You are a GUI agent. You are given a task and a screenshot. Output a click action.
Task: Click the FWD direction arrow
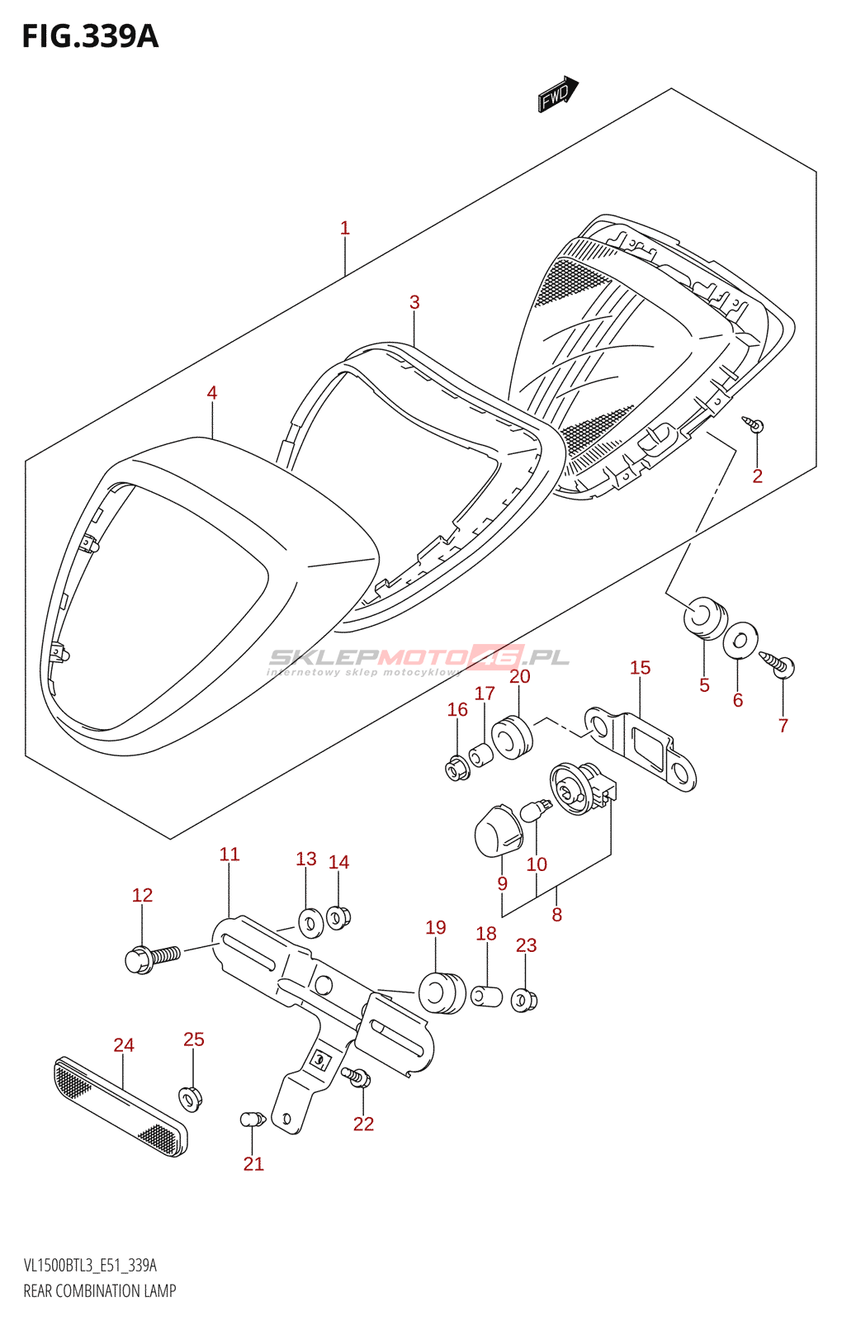click(x=558, y=93)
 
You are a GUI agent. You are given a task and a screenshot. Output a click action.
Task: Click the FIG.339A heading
click(x=90, y=36)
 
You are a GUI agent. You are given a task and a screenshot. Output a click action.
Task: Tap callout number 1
click(x=345, y=228)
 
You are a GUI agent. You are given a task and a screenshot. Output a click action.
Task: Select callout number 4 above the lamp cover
click(x=212, y=393)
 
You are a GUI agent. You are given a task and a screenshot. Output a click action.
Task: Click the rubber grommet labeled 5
click(x=705, y=618)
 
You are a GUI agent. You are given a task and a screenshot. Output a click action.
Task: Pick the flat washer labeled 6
click(x=740, y=639)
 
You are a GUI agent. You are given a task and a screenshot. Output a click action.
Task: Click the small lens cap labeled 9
click(x=499, y=831)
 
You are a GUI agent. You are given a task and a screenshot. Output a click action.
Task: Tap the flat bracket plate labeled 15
click(x=641, y=749)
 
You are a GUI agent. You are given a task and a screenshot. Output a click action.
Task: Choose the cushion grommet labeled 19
click(x=442, y=993)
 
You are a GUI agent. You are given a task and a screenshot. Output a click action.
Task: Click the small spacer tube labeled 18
click(x=486, y=996)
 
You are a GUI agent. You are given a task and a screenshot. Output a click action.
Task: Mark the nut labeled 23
click(x=524, y=1001)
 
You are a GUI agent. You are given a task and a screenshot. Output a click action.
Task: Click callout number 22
click(x=364, y=1124)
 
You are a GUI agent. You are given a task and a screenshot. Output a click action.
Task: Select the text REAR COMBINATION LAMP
click(x=100, y=1290)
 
